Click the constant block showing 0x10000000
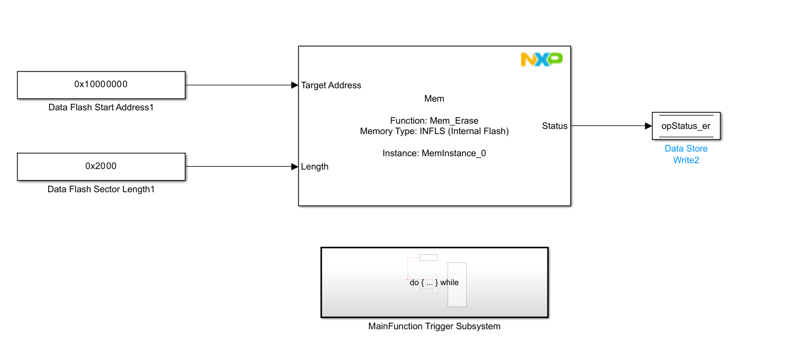pyautogui.click(x=101, y=85)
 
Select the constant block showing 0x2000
pyautogui.click(x=101, y=167)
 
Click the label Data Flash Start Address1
pyautogui.click(x=101, y=107)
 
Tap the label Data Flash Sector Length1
pyautogui.click(x=101, y=189)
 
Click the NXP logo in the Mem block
pyautogui.click(x=541, y=59)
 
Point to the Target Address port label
pyautogui.click(x=331, y=85)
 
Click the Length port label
pyautogui.click(x=315, y=167)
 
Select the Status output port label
pyautogui.click(x=554, y=126)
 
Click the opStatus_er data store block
pyautogui.click(x=686, y=126)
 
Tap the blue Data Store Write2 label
pyautogui.click(x=686, y=154)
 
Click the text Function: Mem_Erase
pyautogui.click(x=434, y=121)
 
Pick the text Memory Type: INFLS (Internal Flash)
pyautogui.click(x=434, y=131)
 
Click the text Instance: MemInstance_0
pyautogui.click(x=434, y=153)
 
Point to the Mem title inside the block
pyautogui.click(x=434, y=99)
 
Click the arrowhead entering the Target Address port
pyautogui.click(x=294, y=85)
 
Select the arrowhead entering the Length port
pyautogui.click(x=294, y=167)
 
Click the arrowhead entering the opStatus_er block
pyautogui.click(x=648, y=126)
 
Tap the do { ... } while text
pyautogui.click(x=434, y=283)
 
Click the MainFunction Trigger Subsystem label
pyautogui.click(x=434, y=326)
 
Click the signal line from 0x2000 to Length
pyautogui.click(x=238, y=167)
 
